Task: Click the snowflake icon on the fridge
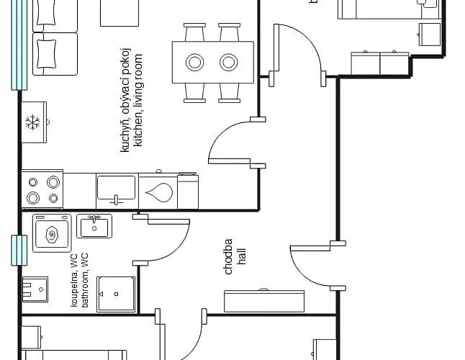tap(32, 122)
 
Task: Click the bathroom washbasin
tap(94, 227)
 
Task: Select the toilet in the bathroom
tap(35, 289)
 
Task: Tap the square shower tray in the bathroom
tap(116, 294)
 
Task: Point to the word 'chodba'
tap(229, 256)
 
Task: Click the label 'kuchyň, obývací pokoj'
tap(126, 101)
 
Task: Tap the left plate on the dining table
tap(195, 63)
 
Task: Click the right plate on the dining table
tap(229, 63)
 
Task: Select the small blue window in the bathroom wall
tap(14, 250)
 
